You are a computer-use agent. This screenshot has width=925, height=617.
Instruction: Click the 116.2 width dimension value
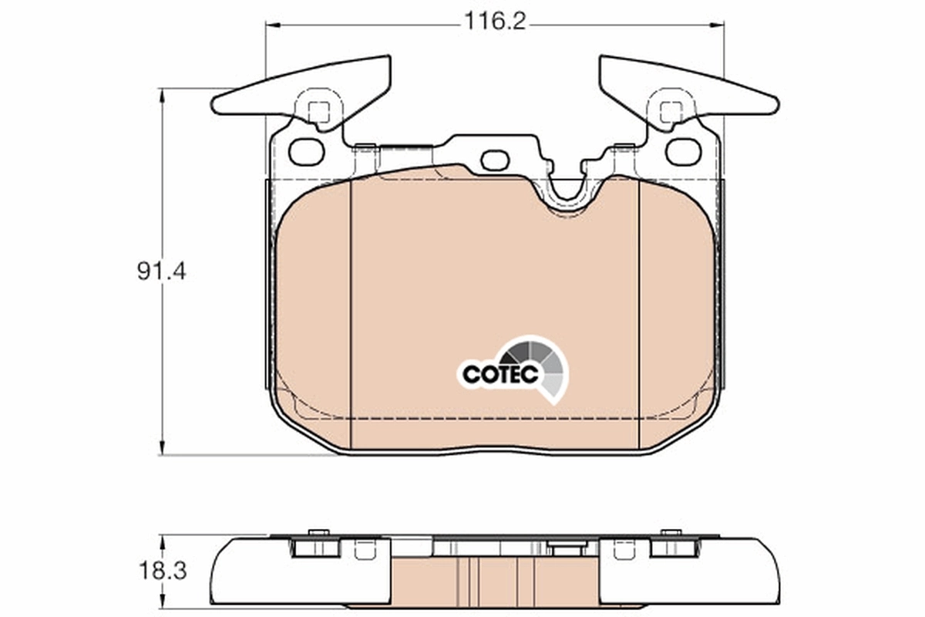tap(493, 22)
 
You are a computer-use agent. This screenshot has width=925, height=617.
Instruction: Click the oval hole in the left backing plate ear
tap(306, 151)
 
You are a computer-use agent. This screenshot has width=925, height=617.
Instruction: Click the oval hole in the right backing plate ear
tap(682, 151)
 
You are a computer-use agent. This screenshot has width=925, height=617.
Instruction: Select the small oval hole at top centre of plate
tap(495, 160)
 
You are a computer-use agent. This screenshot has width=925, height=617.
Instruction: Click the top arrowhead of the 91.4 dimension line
tap(162, 95)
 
